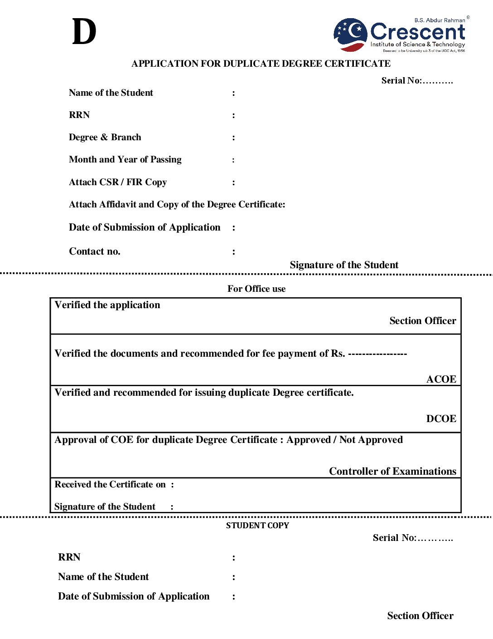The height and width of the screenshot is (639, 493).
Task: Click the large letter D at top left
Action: (84, 32)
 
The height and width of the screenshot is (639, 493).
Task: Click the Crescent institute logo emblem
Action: (350, 34)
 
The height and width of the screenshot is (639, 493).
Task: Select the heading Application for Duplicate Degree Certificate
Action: (261, 64)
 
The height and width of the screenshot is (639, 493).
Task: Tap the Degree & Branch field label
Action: (105, 137)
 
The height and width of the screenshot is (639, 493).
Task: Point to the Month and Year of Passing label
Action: (125, 159)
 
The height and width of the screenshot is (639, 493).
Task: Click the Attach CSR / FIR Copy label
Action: (118, 182)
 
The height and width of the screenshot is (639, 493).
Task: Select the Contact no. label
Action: (94, 251)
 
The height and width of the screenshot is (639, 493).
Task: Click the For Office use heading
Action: (256, 289)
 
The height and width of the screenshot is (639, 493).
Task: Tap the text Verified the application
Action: (107, 305)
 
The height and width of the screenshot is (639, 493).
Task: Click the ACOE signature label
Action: (441, 379)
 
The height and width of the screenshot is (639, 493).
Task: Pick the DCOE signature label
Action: (441, 418)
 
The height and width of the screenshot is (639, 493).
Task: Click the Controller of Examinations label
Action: (392, 471)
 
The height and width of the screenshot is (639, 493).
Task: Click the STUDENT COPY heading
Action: (257, 526)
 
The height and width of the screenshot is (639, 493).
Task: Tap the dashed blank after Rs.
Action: (377, 354)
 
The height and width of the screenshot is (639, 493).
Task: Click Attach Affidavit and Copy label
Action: (177, 204)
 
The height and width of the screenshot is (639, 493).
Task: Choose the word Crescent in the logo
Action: (417, 32)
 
